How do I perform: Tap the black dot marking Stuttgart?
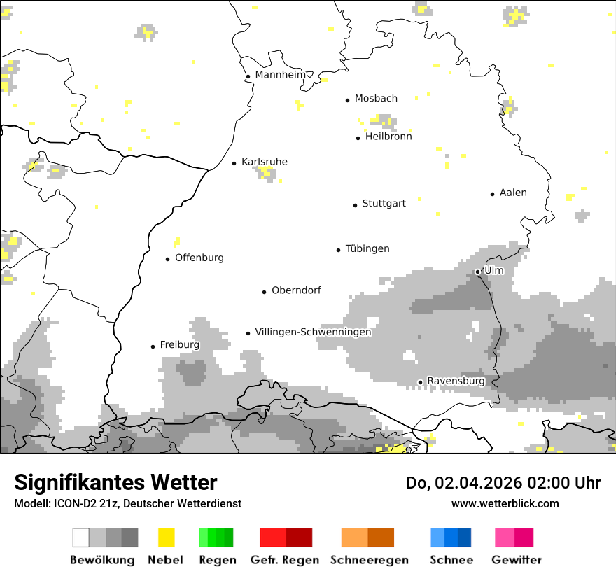coord(355,205)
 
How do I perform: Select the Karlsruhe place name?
coord(264,162)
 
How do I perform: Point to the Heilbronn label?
coord(388,136)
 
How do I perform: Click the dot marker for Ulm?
coord(477,272)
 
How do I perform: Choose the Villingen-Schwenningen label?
coord(313,332)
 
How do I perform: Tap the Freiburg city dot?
coord(153,346)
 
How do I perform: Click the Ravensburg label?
coord(456,381)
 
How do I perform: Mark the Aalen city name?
coord(513,192)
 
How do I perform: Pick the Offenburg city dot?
coord(168,259)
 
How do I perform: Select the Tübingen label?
coord(367,248)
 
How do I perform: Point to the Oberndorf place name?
coord(296,290)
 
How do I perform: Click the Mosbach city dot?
coord(347,100)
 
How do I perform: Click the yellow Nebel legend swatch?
coord(166,538)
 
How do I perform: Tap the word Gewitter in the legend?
coord(517,560)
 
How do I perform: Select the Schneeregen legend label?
coord(370,560)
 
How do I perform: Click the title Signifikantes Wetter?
coord(115,482)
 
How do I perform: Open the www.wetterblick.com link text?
coord(505,503)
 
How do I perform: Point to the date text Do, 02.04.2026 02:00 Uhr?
coord(503,483)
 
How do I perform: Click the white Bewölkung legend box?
coord(81,538)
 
